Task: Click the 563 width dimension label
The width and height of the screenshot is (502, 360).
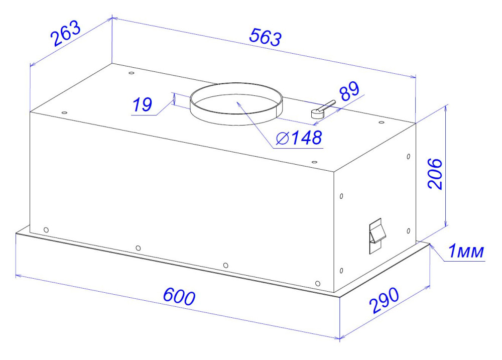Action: [266, 38]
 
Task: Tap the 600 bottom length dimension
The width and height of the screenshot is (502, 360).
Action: [178, 297]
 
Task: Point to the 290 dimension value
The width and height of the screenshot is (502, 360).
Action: [384, 301]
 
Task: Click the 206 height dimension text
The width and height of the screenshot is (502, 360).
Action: [435, 173]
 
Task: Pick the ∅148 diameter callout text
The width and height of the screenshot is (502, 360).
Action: [299, 138]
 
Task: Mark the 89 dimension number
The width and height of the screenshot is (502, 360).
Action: [349, 93]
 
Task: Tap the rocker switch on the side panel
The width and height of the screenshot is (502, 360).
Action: [376, 235]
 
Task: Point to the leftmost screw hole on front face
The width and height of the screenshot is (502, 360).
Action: [46, 230]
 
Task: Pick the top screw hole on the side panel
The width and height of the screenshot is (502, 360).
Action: [408, 157]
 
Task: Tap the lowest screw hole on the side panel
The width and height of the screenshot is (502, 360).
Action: [341, 272]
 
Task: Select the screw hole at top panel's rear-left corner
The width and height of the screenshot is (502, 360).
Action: [132, 73]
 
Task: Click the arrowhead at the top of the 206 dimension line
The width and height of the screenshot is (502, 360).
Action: [446, 107]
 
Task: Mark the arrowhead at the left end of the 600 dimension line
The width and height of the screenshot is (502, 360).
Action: [18, 276]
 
